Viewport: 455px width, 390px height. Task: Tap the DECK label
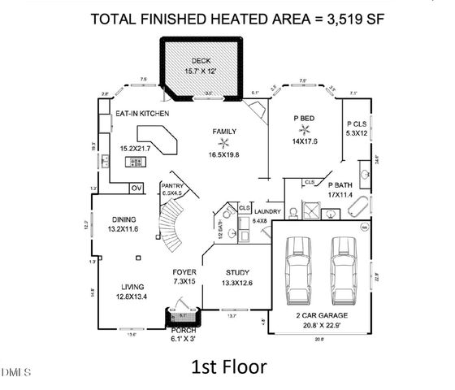(x=200, y=61)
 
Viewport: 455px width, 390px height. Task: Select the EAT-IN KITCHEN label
(x=141, y=114)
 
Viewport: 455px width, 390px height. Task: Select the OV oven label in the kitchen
(x=137, y=189)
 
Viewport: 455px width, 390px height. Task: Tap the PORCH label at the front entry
(x=184, y=331)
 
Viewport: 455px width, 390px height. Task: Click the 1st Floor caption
(x=228, y=366)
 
